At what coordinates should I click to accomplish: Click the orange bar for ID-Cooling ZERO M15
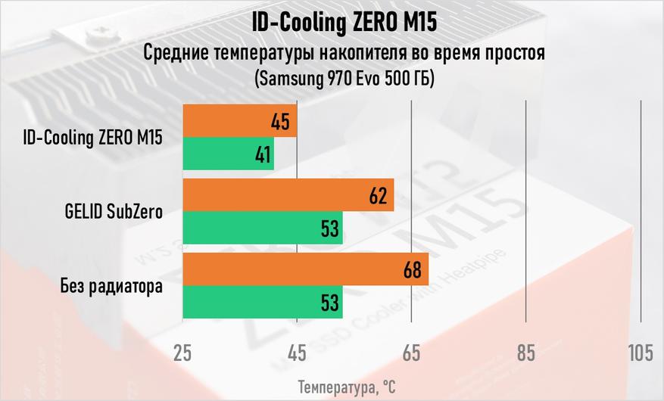[x=239, y=121]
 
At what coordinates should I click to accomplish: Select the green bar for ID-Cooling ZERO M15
[x=228, y=154]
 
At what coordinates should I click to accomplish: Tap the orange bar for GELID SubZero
[x=288, y=195]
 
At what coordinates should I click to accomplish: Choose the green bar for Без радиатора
[x=262, y=303]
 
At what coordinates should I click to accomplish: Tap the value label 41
[x=262, y=155]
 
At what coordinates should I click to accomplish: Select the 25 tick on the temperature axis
[x=182, y=352]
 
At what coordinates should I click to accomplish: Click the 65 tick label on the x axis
[x=411, y=352]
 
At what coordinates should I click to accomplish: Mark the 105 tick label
[x=640, y=352]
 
